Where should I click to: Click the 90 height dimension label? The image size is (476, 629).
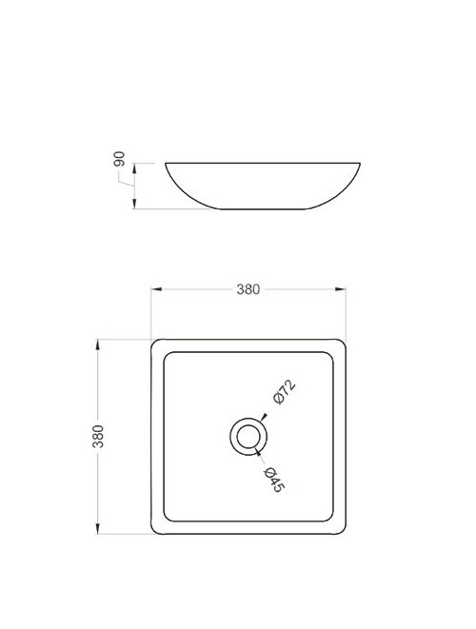click(120, 159)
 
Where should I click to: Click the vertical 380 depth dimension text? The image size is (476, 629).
click(97, 437)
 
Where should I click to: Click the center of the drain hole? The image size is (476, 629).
click(248, 437)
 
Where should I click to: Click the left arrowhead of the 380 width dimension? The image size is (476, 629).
click(156, 288)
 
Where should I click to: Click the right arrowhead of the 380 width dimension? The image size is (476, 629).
click(342, 288)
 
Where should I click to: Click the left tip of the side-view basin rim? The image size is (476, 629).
click(166, 164)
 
